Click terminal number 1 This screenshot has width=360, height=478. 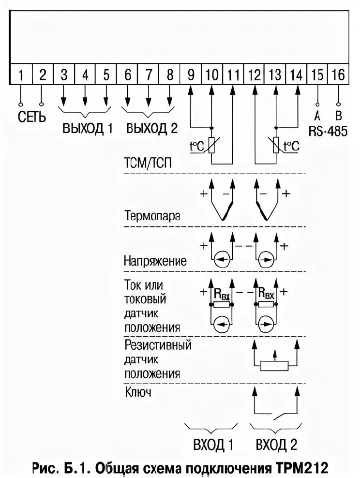(21, 75)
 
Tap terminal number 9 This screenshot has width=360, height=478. (191, 75)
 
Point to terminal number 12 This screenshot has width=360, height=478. (254, 75)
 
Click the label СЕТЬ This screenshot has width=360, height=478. (32, 118)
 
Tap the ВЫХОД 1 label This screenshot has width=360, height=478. (88, 129)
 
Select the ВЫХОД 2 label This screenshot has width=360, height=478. (151, 129)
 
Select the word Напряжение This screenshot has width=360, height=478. (155, 262)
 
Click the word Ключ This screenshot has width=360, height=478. (138, 391)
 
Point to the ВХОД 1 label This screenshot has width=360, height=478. (210, 444)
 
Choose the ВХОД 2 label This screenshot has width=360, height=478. (276, 444)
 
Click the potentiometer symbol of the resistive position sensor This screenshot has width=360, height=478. (275, 365)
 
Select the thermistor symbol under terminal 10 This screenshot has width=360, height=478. (211, 145)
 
